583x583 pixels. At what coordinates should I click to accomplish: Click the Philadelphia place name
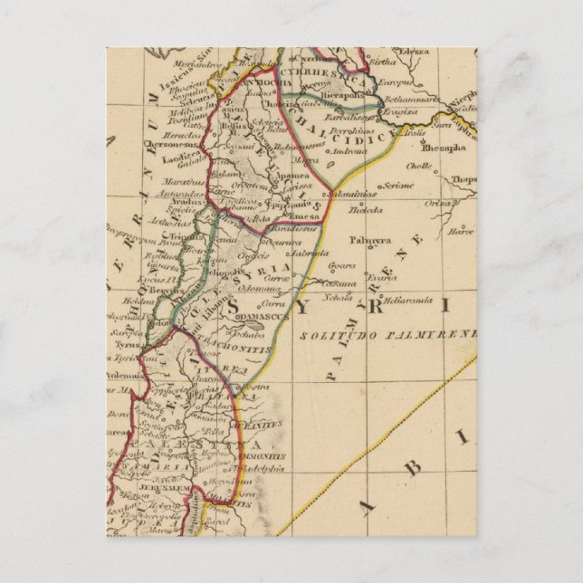pyautogui.click(x=268, y=469)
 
